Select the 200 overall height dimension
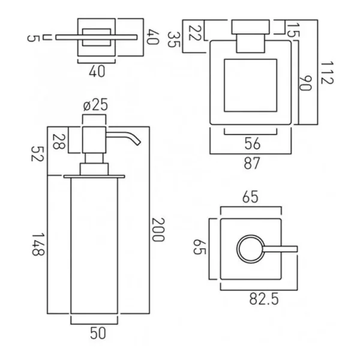[x=157, y=230]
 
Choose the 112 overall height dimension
[x=328, y=73]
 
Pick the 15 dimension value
[x=293, y=29]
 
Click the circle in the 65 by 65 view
[x=250, y=248]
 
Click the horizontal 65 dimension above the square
[x=250, y=197]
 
